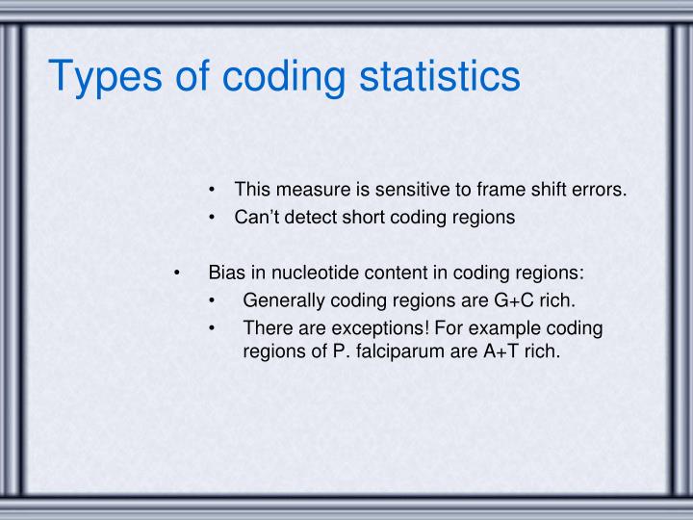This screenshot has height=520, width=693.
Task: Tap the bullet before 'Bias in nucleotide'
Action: point(176,273)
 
